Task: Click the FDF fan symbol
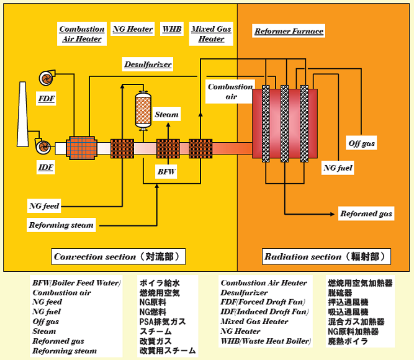[47, 78]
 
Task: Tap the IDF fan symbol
[43, 147]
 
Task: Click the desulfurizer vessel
[144, 112]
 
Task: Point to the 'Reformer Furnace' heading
[289, 31]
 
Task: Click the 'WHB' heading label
[171, 29]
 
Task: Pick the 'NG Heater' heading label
[133, 29]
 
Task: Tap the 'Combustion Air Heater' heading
[82, 34]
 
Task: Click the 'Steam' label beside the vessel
[167, 114]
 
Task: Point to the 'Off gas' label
[362, 144]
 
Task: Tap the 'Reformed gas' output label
[366, 214]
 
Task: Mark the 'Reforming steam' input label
[61, 225]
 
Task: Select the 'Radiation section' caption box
[328, 257]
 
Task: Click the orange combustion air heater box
[79, 148]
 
